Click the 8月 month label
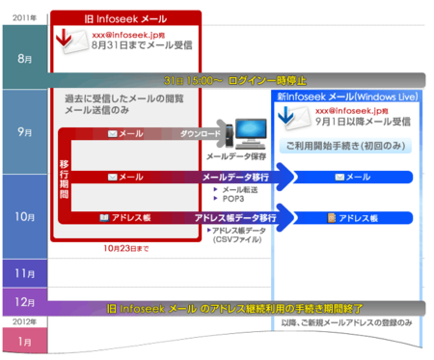(24, 59)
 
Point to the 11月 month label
(24, 274)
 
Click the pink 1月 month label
(24, 339)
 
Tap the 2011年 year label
(26, 17)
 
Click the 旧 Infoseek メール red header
(125, 18)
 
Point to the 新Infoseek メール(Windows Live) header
(344, 97)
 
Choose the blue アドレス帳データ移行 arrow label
(235, 218)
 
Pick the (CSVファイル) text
(237, 238)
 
